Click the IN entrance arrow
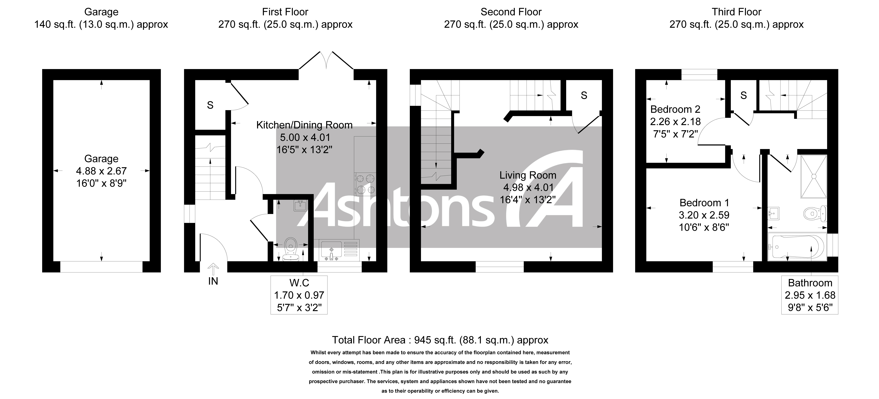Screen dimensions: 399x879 click(x=213, y=269)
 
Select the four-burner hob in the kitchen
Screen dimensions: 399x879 click(x=365, y=184)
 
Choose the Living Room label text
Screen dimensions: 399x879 click(x=527, y=175)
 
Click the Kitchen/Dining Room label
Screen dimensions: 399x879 click(x=304, y=125)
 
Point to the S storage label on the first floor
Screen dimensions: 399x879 click(x=210, y=105)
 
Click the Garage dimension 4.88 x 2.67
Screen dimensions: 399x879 click(x=101, y=171)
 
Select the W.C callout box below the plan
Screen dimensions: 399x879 click(x=299, y=295)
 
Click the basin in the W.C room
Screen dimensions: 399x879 click(x=300, y=206)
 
